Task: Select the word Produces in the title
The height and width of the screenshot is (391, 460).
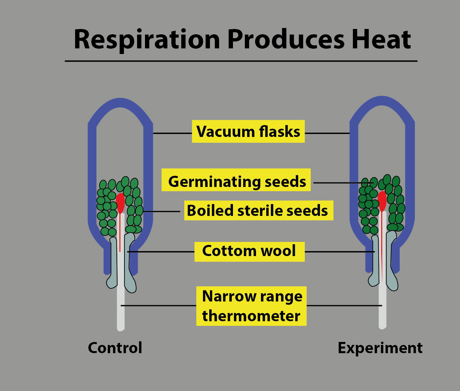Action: tap(286, 39)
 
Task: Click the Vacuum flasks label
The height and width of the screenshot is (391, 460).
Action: tap(248, 131)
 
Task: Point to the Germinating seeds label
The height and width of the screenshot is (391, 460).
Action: tap(237, 181)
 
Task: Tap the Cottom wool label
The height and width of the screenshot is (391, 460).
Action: tap(249, 251)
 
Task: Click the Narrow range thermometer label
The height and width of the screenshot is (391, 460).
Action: tap(251, 306)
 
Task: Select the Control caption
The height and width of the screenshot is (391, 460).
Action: tap(115, 348)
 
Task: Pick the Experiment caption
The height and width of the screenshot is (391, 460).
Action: tap(380, 348)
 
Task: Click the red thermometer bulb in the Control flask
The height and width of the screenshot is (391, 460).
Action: tap(120, 202)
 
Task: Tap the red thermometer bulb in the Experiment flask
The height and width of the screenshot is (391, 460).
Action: tap(382, 200)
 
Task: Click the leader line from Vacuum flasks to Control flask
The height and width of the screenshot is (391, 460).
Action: tap(172, 133)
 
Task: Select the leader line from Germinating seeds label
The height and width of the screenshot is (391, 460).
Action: tap(339, 183)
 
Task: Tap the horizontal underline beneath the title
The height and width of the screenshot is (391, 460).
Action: tap(241, 61)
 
